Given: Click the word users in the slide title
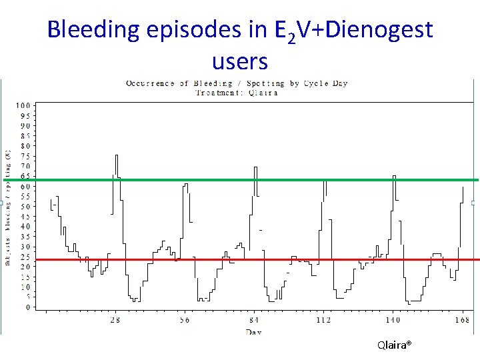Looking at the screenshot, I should [239, 61].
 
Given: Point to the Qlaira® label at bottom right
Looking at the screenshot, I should [394, 345].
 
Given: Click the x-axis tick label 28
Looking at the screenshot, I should [115, 320].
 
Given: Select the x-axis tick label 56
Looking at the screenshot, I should [184, 320].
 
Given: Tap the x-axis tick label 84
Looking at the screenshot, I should [254, 320].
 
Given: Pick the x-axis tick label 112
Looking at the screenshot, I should [323, 320].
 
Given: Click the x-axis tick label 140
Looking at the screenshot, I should [393, 320].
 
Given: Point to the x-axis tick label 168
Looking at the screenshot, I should [462, 320].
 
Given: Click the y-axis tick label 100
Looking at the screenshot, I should [24, 105].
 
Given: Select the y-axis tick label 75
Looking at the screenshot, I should [25, 156].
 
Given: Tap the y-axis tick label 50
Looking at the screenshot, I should [25, 207].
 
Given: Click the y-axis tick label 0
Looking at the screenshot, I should [27, 307].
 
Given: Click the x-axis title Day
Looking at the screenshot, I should [253, 331].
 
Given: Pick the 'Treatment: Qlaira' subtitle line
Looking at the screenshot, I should [237, 93].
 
